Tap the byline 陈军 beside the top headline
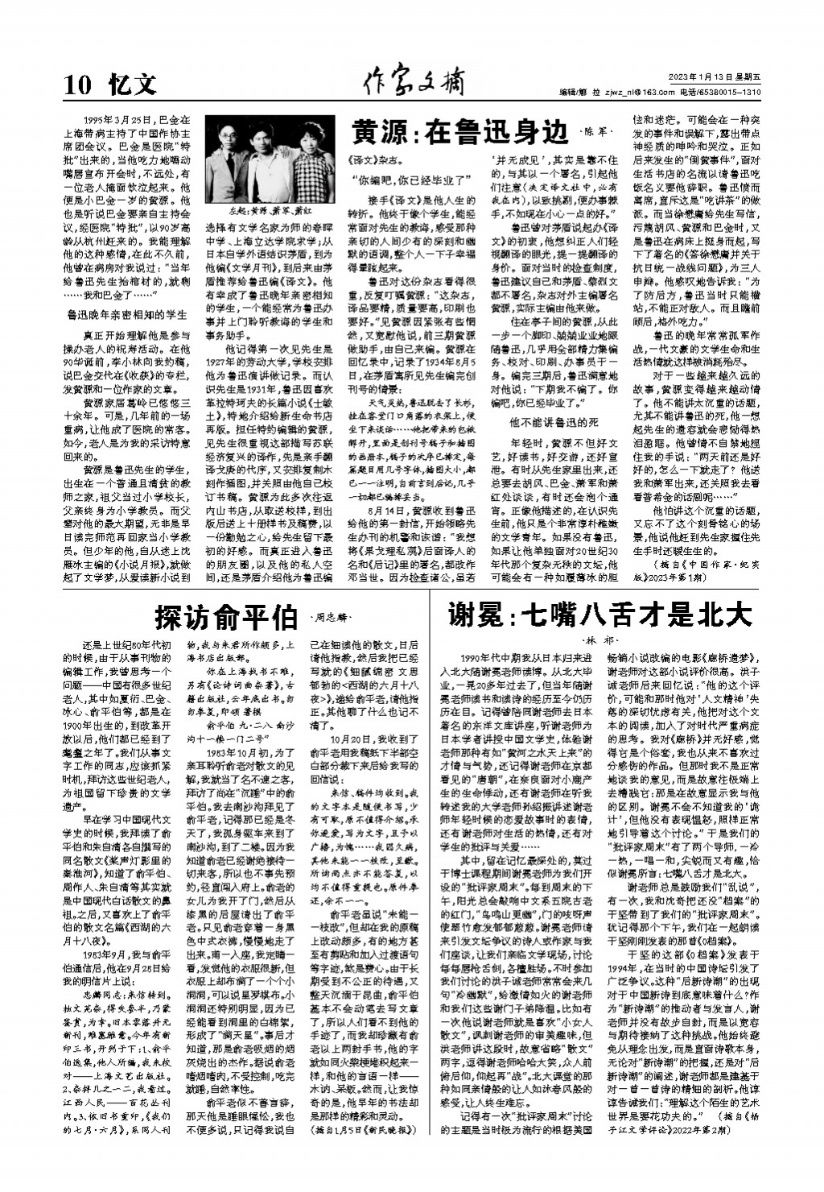pyautogui.click(x=597, y=130)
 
